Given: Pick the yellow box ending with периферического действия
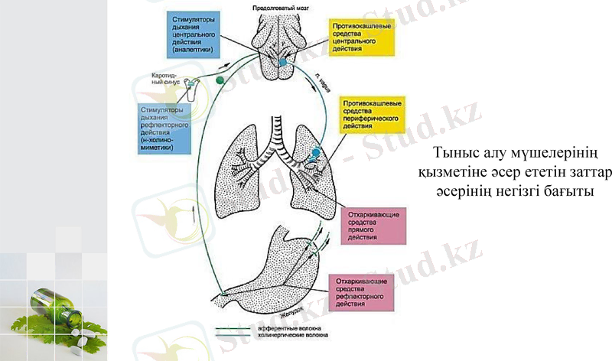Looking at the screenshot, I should point(374,113).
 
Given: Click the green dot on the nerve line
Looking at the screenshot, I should point(220,79).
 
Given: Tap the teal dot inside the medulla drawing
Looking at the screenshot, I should point(282,61).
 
